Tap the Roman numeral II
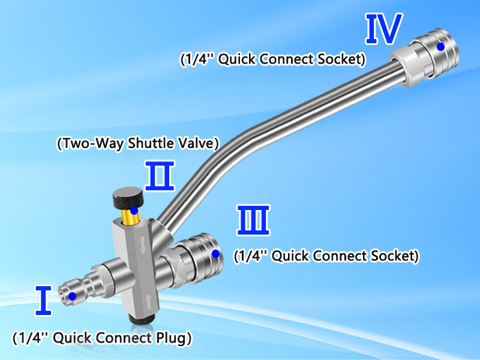pyautogui.click(x=159, y=175)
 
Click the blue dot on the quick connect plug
pyautogui.click(x=72, y=296)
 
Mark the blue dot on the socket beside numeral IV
pyautogui.click(x=440, y=46)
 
